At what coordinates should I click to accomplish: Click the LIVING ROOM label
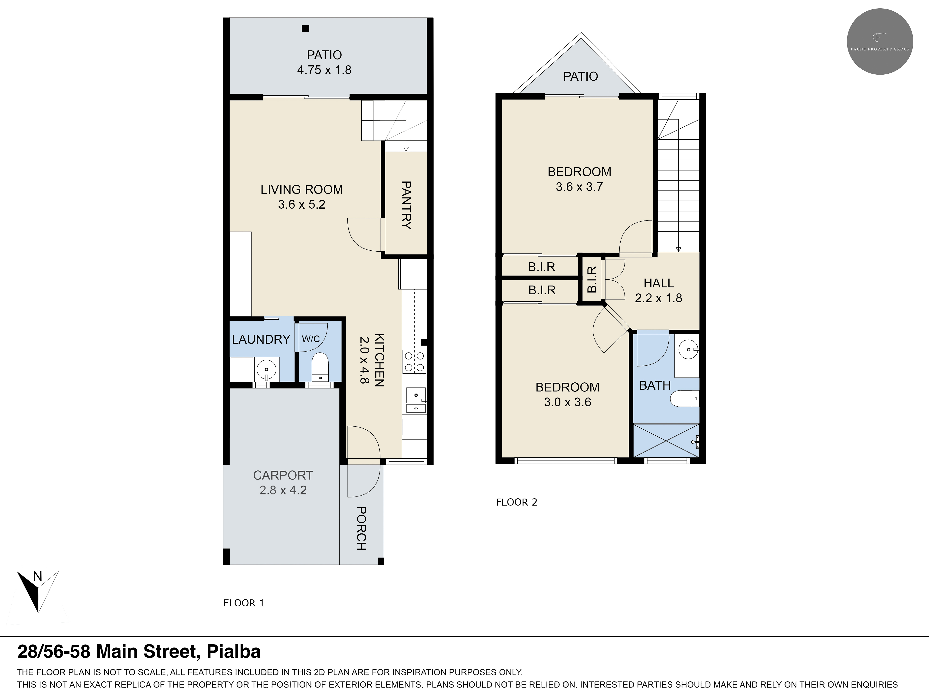[301, 190]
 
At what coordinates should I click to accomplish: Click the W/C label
[311, 339]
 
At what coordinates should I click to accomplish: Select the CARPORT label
[283, 475]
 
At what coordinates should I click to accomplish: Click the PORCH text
[361, 529]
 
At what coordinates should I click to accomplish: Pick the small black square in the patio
[306, 29]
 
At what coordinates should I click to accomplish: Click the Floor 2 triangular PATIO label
[580, 76]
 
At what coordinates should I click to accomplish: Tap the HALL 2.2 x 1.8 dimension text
[658, 298]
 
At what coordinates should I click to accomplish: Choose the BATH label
[655, 385]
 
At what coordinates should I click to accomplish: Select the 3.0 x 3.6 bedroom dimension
[567, 402]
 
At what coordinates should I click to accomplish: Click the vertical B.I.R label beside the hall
[592, 279]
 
